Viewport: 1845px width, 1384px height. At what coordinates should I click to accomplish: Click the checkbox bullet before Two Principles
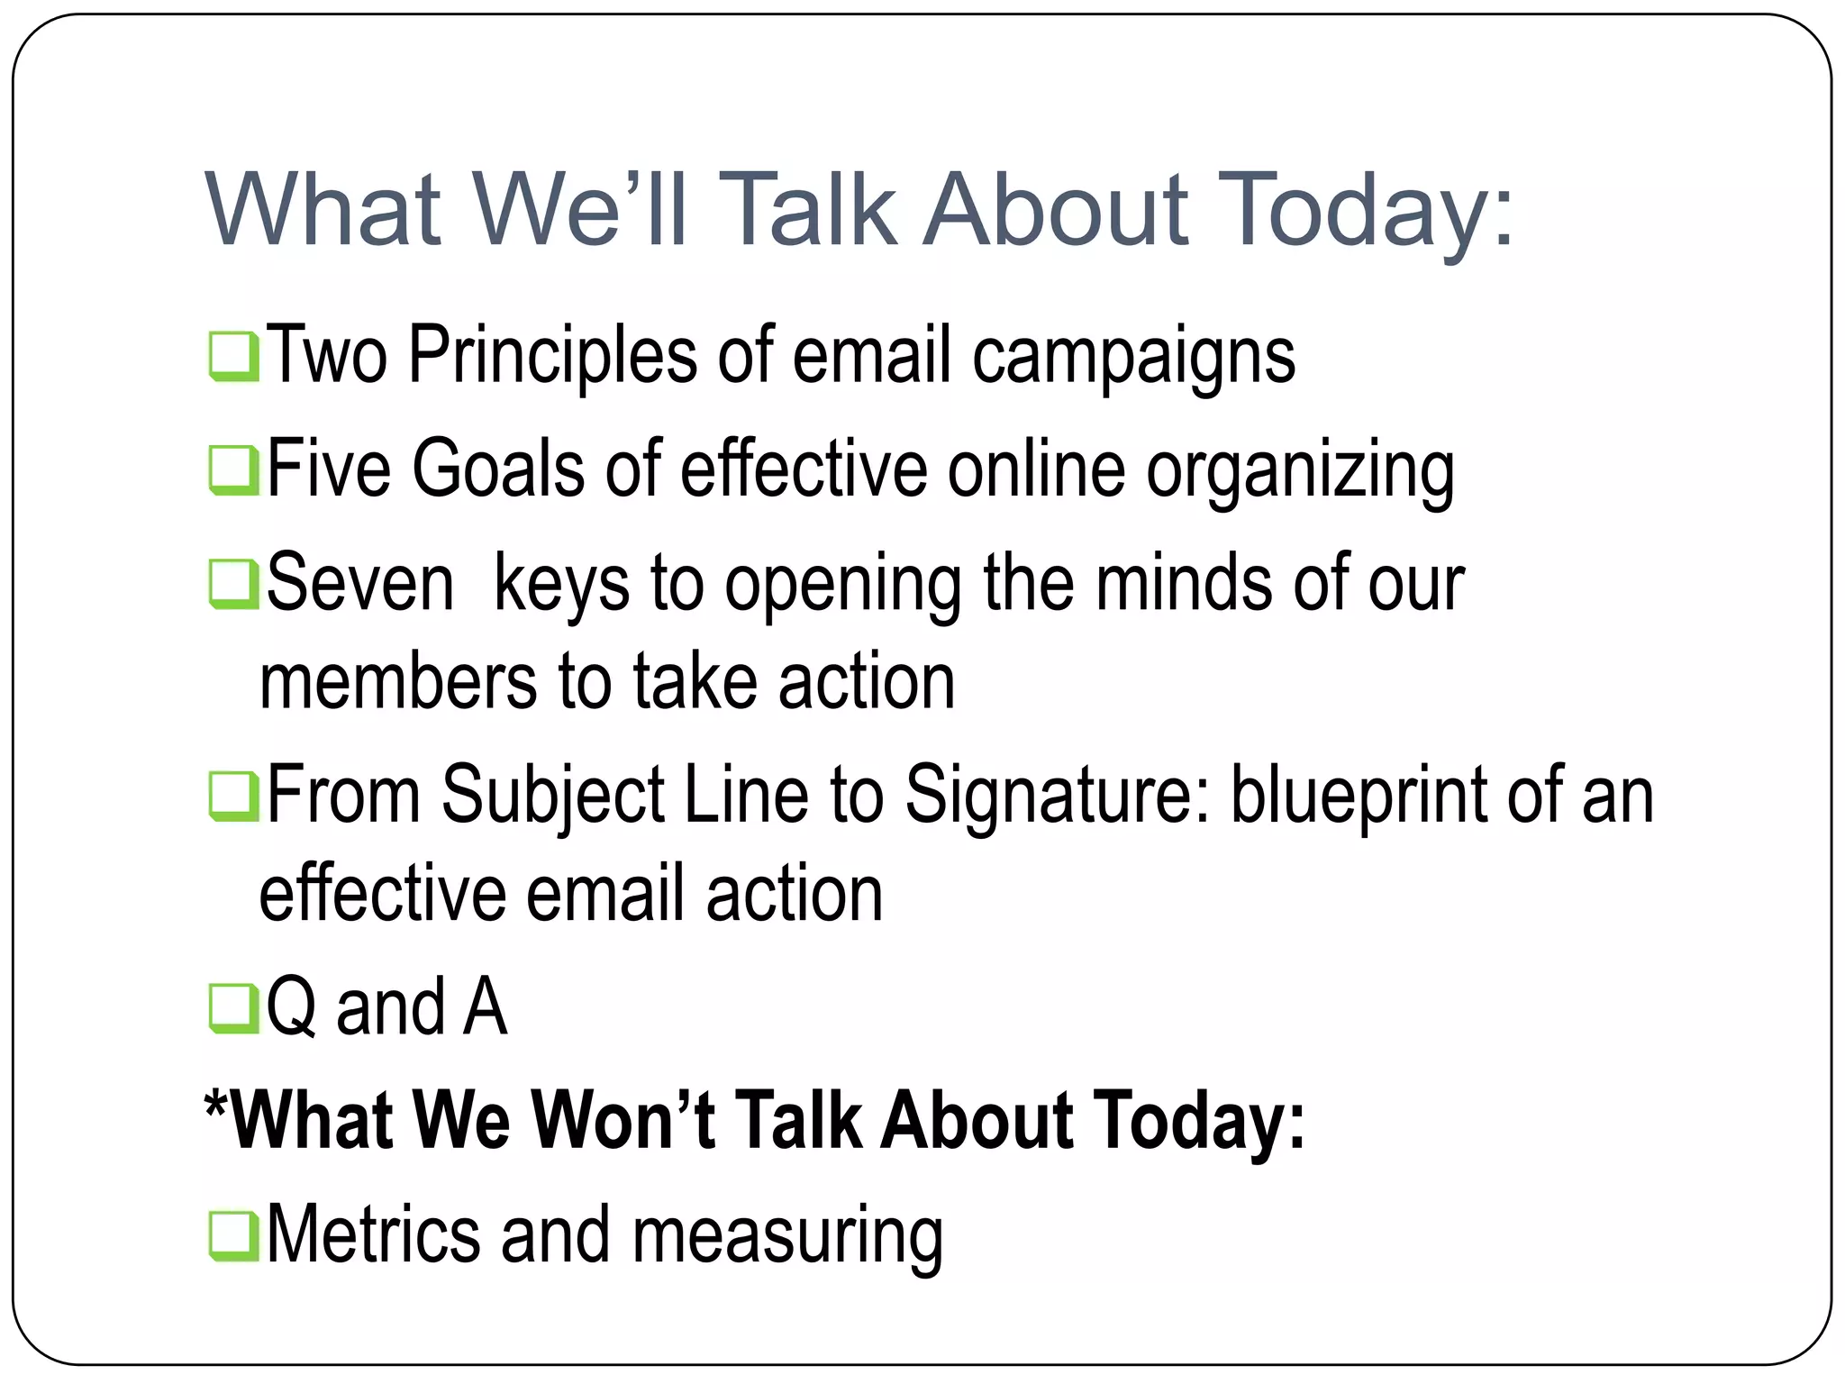pyautogui.click(x=234, y=358)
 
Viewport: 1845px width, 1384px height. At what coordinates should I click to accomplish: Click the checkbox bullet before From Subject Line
pyautogui.click(x=234, y=797)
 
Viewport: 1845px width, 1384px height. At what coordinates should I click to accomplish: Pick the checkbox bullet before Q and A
pyautogui.click(x=234, y=1008)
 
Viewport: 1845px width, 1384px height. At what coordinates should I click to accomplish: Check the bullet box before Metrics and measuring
pyautogui.click(x=234, y=1236)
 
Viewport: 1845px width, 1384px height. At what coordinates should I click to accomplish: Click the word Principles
pyautogui.click(x=552, y=356)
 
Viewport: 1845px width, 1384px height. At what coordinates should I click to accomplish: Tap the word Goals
pyautogui.click(x=498, y=469)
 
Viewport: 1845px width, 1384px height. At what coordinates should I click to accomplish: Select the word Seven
pyautogui.click(x=359, y=584)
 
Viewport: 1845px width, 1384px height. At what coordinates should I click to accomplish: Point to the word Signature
pyautogui.click(x=1057, y=795)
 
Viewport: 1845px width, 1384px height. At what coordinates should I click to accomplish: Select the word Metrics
pyautogui.click(x=373, y=1234)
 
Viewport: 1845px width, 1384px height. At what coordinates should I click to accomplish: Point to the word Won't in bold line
pyautogui.click(x=623, y=1120)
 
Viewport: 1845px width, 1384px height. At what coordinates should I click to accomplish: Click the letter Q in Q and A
pyautogui.click(x=291, y=1008)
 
